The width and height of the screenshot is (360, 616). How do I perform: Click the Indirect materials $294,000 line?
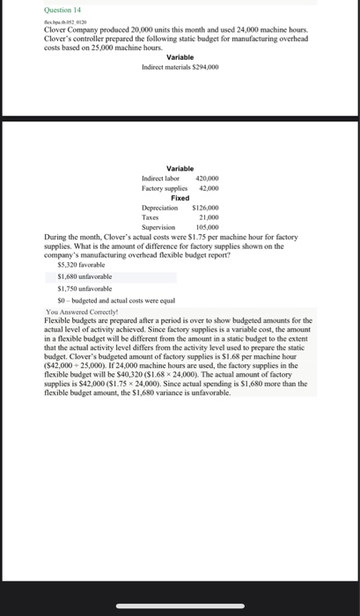[180, 67]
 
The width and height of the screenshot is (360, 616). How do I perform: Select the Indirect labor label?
[160, 178]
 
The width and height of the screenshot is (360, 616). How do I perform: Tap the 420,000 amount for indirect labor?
[207, 178]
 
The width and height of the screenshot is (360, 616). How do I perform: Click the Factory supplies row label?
[164, 187]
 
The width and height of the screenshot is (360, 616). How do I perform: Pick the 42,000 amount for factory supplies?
[209, 187]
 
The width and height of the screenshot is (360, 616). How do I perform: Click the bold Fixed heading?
[180, 197]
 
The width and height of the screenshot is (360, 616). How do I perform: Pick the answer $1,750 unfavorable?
[84, 288]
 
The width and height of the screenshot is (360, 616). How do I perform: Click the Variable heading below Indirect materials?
[180, 168]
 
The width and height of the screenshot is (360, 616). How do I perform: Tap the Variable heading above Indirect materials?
[180, 57]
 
